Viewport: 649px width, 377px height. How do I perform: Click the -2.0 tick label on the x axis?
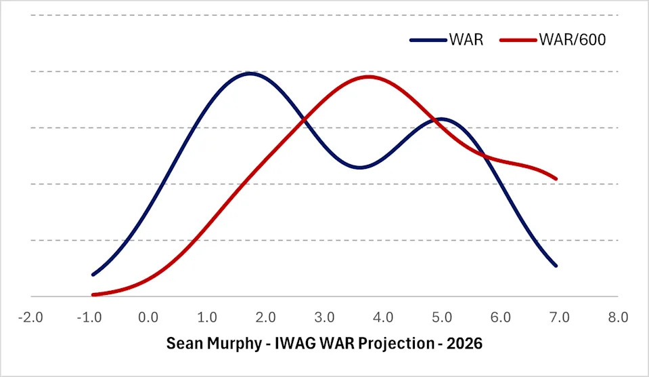30,317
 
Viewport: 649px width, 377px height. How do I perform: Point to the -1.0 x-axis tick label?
89,317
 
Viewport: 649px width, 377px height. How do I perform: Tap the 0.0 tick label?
148,317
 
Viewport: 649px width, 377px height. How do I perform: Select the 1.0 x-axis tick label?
206,317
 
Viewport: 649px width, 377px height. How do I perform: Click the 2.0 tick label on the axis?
265,317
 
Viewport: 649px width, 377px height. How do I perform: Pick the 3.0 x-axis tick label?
324,317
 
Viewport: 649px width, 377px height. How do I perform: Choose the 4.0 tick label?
383,317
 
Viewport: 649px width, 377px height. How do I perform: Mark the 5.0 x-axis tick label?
442,317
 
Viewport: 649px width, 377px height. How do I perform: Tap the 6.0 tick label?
500,317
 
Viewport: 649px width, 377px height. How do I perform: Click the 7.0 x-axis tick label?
559,317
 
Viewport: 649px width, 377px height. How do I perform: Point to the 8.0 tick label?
618,317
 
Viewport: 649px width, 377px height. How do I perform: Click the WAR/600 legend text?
573,39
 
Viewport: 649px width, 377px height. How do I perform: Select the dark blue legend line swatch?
428,40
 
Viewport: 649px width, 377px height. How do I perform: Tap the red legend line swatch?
518,40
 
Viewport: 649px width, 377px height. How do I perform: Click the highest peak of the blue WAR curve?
250,73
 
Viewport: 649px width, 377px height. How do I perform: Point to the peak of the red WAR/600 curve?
368,76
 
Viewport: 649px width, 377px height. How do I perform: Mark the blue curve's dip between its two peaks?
361,167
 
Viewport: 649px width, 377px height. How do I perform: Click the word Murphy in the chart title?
229,343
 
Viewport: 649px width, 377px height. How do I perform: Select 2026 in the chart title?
467,343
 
